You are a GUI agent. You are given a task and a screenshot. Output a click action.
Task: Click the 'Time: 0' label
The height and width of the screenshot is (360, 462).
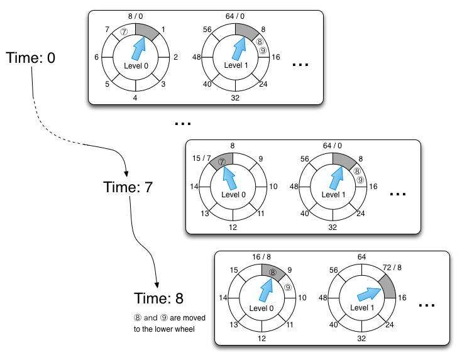coord(31,58)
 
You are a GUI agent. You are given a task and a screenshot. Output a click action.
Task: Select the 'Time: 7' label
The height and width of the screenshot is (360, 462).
coord(128,187)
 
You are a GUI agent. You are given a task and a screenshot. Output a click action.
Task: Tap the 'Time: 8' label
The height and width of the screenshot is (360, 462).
coord(160,298)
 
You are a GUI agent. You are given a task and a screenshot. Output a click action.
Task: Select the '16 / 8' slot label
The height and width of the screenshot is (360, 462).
coord(262,256)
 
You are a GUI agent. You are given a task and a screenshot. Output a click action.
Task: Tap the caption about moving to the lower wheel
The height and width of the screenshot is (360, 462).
coord(170,323)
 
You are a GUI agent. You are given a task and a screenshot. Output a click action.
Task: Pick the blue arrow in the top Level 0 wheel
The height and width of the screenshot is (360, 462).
coord(138,46)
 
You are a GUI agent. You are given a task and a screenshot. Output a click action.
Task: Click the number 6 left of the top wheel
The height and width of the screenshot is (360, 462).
coord(96,57)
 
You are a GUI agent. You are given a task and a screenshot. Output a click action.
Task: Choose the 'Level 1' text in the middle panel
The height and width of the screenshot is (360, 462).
coord(334,195)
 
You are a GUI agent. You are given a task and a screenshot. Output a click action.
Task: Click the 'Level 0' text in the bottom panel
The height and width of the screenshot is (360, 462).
coord(261,308)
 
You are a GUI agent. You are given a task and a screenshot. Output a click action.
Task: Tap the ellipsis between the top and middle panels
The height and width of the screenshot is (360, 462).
coord(183,123)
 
